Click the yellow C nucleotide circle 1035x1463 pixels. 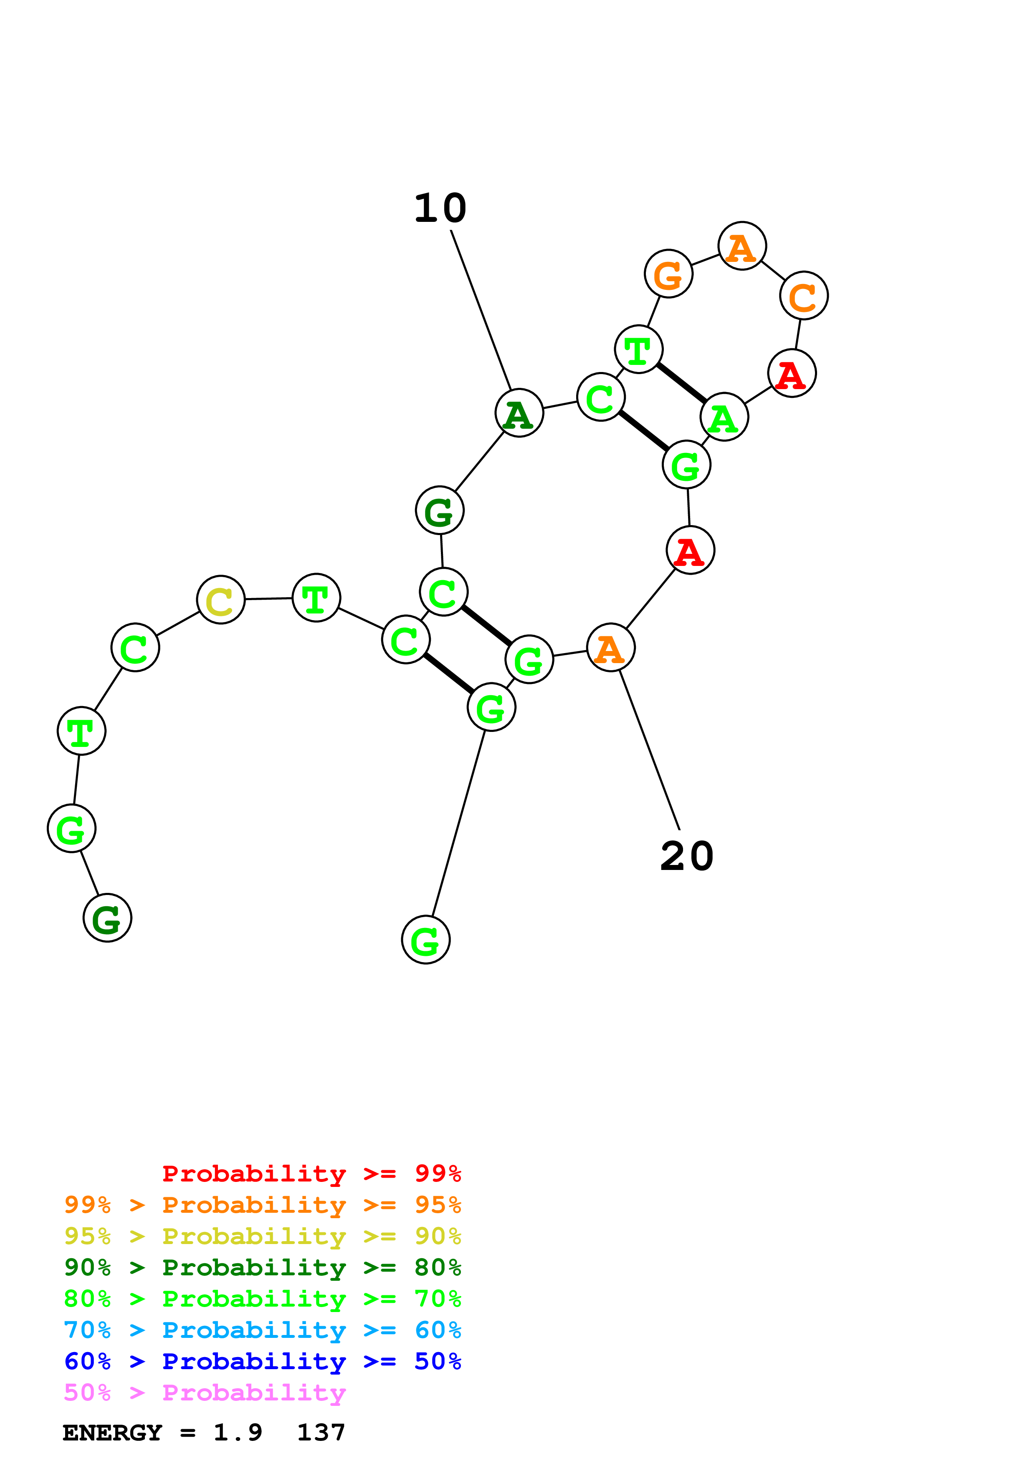(x=220, y=600)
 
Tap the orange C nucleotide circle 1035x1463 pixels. (x=804, y=296)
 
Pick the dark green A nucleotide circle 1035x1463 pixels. (x=519, y=413)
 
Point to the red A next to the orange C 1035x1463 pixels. (x=792, y=373)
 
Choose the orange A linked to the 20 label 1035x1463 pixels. (x=610, y=647)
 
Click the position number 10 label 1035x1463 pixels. (x=440, y=209)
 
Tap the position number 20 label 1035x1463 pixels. (x=686, y=856)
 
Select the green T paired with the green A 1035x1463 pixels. (x=638, y=349)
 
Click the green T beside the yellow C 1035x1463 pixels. (x=316, y=598)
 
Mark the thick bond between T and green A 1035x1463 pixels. (x=681, y=383)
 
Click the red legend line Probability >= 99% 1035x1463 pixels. (x=311, y=1173)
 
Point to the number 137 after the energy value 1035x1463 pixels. (x=321, y=1433)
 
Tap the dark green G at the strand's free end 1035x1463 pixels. (x=107, y=918)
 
